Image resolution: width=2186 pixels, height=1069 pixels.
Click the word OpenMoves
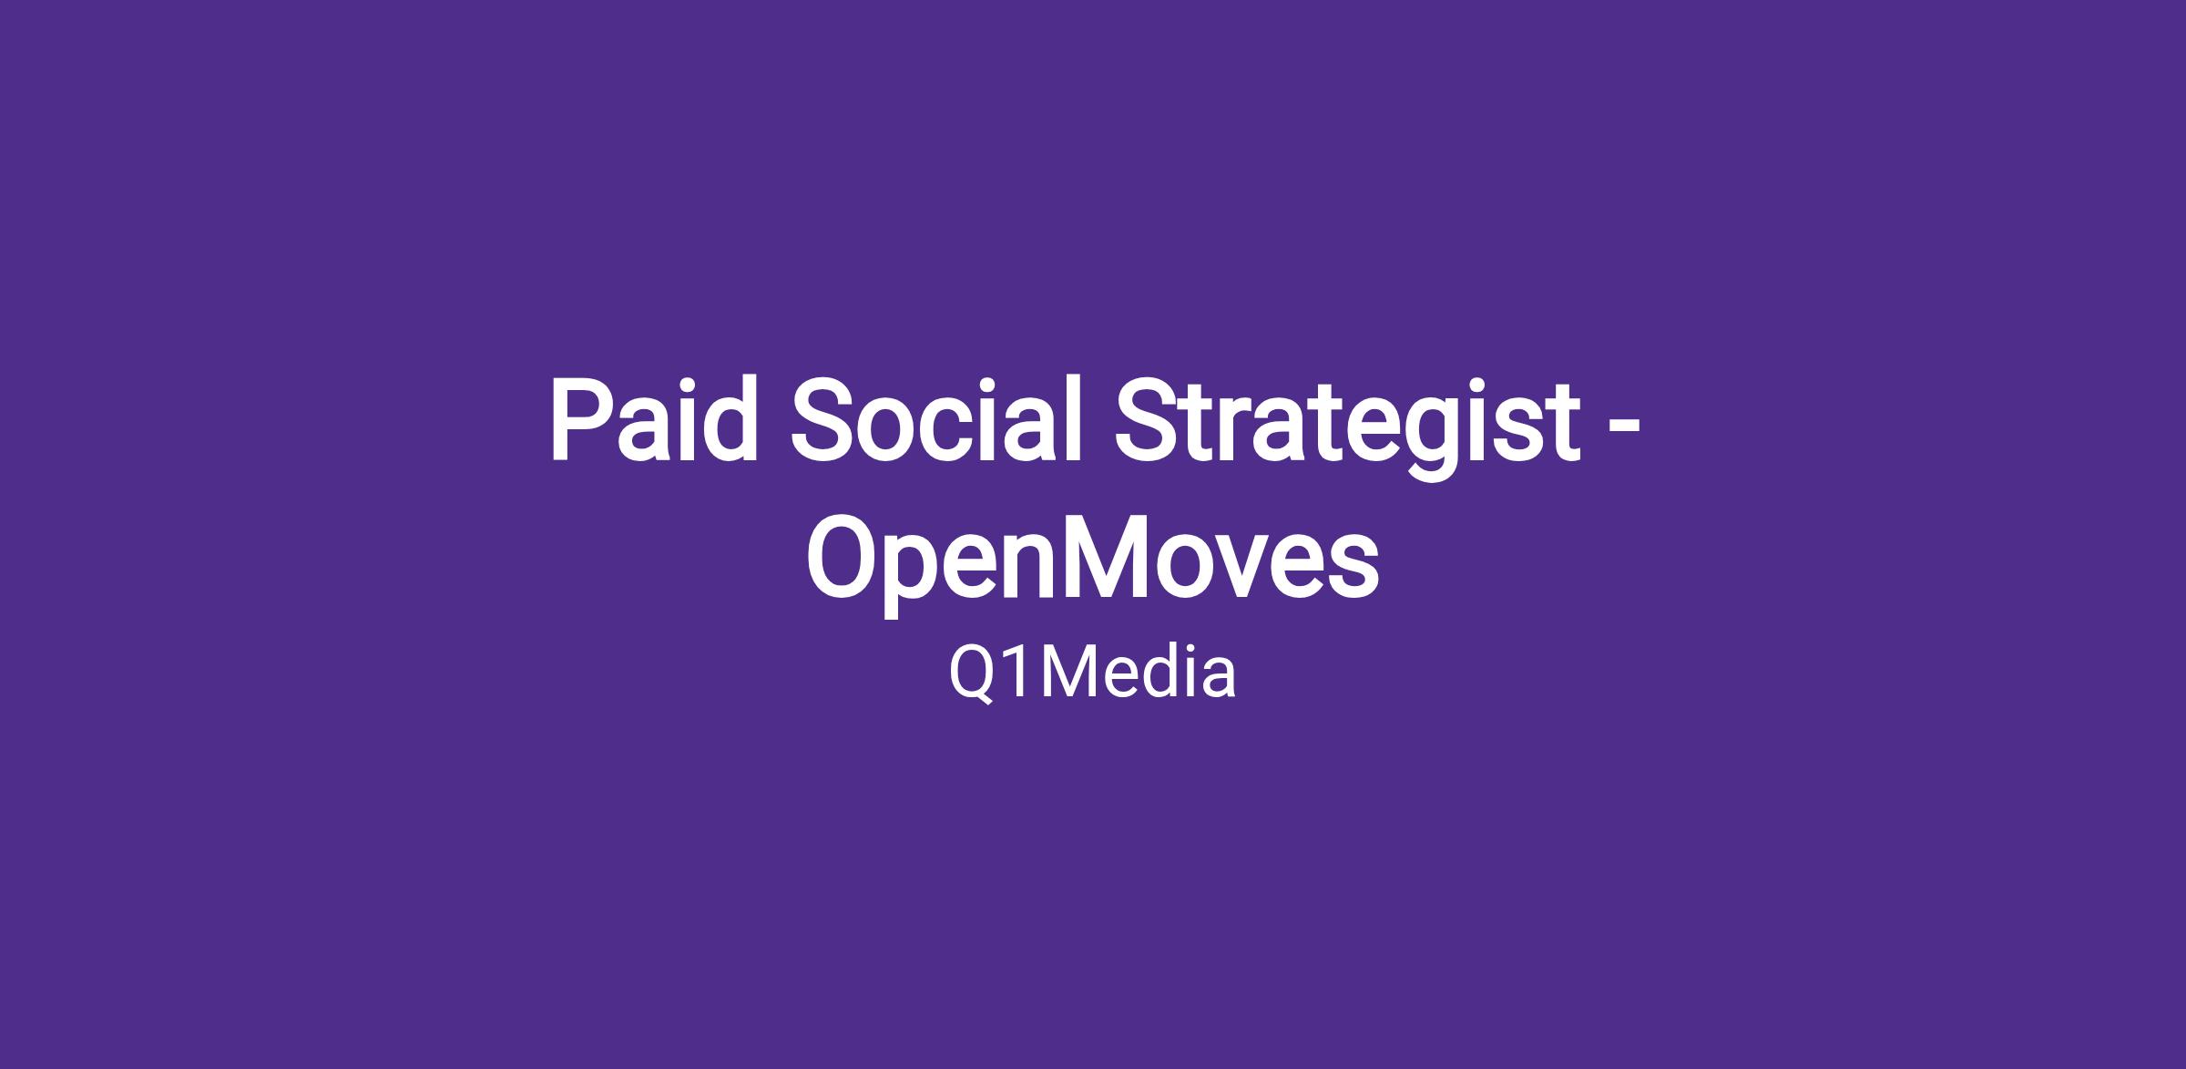point(1093,560)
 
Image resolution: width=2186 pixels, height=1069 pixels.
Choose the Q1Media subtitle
point(1093,674)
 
